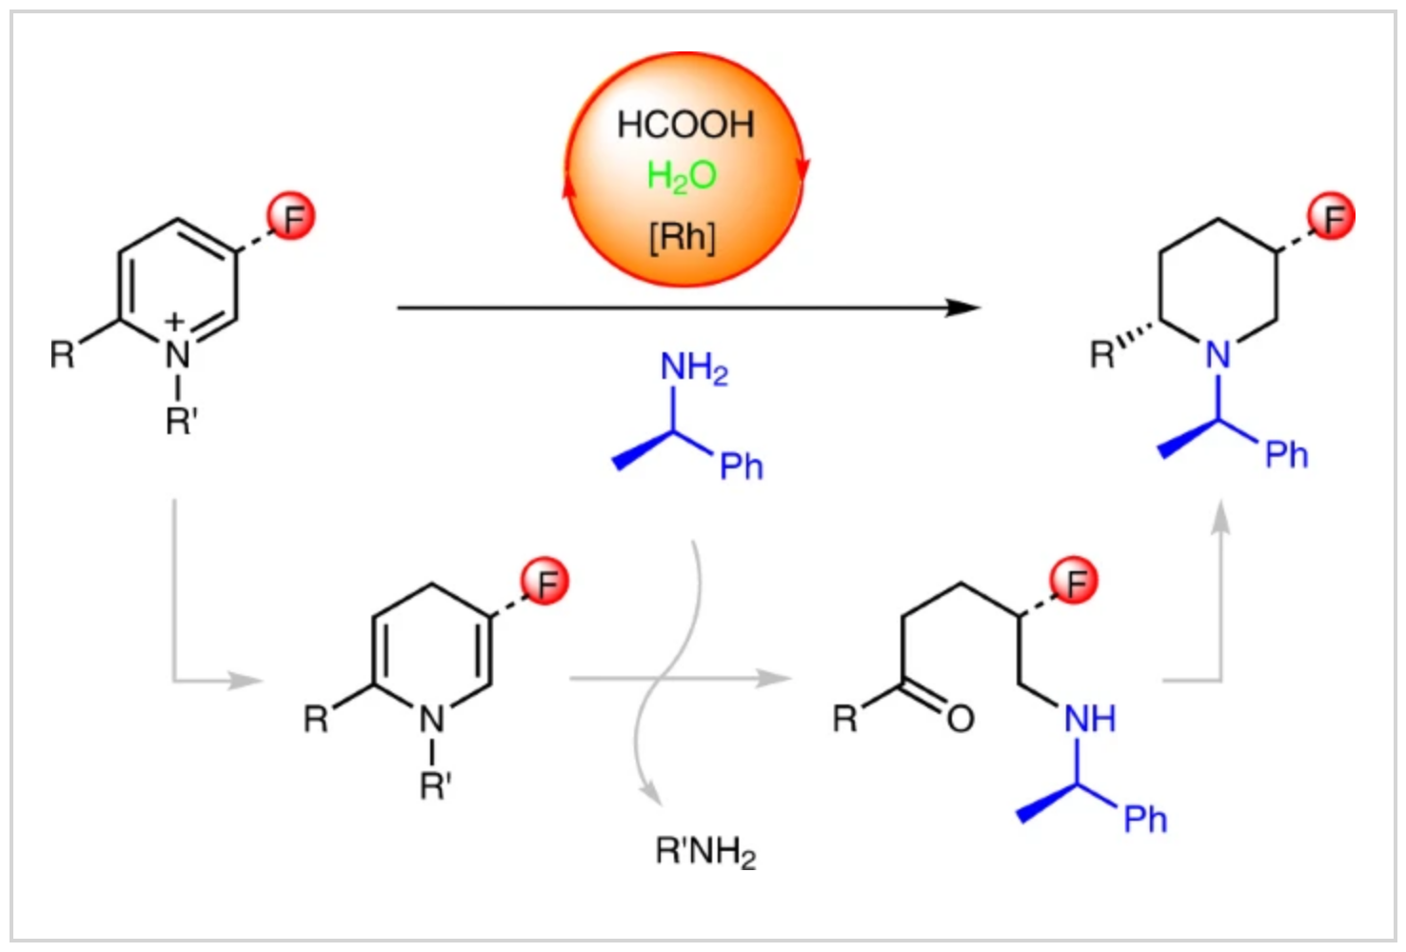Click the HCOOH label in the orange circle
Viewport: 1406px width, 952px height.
point(684,125)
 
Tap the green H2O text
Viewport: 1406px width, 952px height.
point(681,175)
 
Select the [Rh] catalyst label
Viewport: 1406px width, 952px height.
point(682,235)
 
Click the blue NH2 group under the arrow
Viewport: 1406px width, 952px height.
point(693,367)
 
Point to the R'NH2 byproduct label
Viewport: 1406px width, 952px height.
point(704,850)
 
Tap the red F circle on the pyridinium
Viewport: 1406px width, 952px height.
point(291,217)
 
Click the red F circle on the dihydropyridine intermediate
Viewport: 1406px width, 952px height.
point(545,582)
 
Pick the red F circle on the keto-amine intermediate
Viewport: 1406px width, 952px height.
point(1074,581)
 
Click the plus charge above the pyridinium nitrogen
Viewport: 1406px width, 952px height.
point(174,322)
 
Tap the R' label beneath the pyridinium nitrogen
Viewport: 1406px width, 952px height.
point(181,420)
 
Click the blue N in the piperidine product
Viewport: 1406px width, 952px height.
point(1218,355)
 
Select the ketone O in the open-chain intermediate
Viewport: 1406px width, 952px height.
point(960,719)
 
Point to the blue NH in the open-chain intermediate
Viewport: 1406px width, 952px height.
point(1089,719)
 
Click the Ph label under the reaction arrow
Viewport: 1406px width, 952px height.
point(741,466)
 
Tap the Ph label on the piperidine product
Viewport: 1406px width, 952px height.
point(1286,455)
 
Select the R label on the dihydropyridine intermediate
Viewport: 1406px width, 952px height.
point(315,719)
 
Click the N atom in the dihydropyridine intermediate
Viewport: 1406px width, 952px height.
point(432,721)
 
